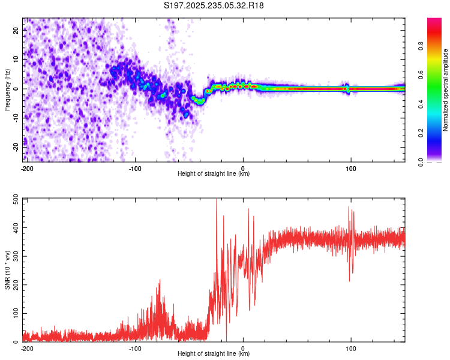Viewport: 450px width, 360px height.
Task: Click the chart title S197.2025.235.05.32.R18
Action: click(214, 5)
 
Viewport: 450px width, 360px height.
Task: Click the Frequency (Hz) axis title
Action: click(7, 89)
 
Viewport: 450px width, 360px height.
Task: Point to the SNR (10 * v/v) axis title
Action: click(7, 269)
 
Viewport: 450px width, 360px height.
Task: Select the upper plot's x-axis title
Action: click(214, 173)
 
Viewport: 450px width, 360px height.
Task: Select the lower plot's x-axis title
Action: click(214, 353)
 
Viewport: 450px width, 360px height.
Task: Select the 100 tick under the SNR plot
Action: click(350, 347)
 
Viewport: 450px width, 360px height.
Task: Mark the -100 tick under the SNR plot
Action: click(135, 347)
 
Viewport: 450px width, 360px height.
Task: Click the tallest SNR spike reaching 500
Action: click(217, 200)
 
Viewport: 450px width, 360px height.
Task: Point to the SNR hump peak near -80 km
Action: click(160, 280)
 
